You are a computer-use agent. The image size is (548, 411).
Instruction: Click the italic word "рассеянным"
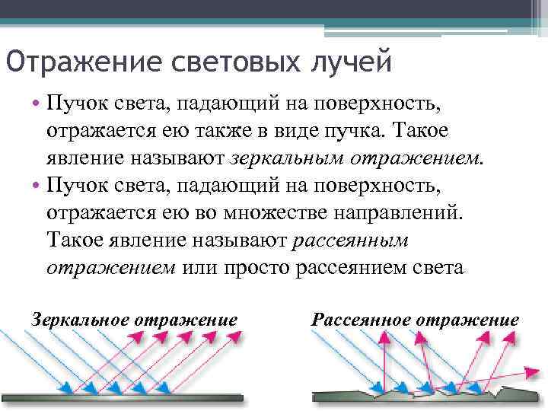coord(350,241)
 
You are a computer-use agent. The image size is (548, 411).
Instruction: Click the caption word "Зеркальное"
coord(80,319)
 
